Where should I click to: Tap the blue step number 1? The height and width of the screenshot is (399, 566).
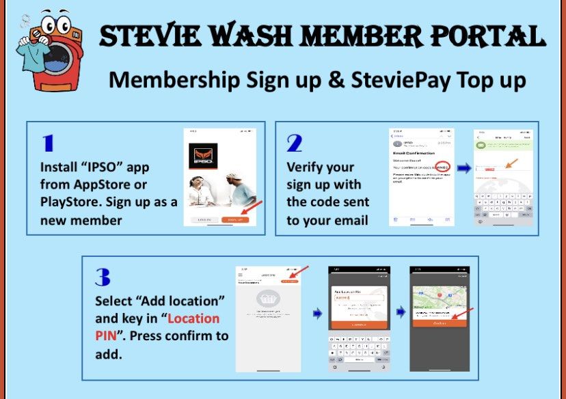click(48, 143)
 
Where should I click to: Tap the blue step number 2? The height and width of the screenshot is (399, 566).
click(295, 143)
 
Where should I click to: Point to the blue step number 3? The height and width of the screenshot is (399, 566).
click(103, 277)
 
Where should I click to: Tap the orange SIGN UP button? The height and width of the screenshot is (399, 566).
click(235, 219)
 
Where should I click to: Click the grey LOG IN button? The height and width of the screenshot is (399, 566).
click(204, 219)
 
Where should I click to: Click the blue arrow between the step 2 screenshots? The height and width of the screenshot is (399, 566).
click(463, 169)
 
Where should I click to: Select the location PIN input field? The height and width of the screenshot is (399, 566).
click(356, 297)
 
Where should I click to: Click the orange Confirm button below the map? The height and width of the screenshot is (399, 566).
click(439, 324)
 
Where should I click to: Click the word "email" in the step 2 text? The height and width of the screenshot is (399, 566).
click(349, 219)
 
